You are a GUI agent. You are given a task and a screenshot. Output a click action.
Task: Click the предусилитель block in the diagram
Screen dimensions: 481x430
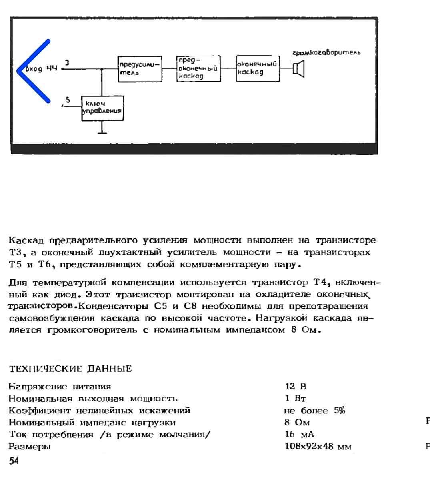click(x=140, y=69)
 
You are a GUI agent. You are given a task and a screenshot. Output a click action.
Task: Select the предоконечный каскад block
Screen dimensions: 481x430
click(x=198, y=69)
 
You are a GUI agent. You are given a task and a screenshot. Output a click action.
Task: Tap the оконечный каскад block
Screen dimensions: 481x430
click(x=258, y=69)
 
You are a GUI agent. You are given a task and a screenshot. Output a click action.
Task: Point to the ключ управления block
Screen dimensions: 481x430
click(x=102, y=108)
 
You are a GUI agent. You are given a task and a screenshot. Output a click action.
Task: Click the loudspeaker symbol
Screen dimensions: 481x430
click(x=299, y=68)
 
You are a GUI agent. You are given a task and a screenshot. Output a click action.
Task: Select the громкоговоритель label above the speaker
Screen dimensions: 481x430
click(x=326, y=52)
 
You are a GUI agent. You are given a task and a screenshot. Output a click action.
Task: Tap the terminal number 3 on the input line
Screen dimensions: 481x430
click(x=67, y=63)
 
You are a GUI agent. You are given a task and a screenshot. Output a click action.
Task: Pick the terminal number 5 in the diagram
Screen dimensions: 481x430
click(x=68, y=100)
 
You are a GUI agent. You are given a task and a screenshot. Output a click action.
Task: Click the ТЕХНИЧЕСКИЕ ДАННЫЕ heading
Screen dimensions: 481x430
click(x=70, y=369)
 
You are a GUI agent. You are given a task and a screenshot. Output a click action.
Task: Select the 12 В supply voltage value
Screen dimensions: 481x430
click(x=296, y=387)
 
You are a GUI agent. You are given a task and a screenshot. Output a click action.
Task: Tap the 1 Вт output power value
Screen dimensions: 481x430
click(x=296, y=399)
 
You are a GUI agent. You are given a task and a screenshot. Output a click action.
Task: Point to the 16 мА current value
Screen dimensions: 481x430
click(x=299, y=435)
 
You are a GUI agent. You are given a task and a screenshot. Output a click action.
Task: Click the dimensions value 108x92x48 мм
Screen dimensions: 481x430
click(x=318, y=447)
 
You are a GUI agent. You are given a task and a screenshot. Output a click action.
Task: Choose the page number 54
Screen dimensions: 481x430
click(x=14, y=461)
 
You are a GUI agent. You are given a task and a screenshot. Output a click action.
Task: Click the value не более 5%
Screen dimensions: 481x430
click(x=314, y=411)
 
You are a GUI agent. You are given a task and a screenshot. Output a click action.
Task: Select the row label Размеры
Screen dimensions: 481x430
click(x=30, y=447)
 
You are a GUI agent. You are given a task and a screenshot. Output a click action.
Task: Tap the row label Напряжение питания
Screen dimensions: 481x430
click(x=60, y=387)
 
